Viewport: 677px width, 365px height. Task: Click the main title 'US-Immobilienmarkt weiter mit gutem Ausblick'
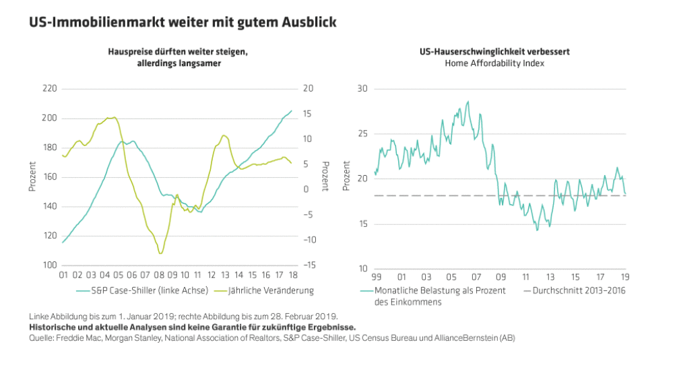click(183, 22)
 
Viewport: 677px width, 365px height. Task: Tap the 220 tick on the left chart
click(49, 89)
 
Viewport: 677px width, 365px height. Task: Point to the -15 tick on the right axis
click(309, 265)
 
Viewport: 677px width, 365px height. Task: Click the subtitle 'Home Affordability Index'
click(495, 63)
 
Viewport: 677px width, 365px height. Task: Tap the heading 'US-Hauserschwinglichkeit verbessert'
click(495, 51)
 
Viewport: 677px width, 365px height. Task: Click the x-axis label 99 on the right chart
click(376, 276)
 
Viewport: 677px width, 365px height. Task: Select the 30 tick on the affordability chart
click(362, 89)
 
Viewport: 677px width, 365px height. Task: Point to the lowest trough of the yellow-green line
click(160, 253)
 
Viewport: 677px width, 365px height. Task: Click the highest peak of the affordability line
click(468, 102)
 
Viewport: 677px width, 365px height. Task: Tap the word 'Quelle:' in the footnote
click(42, 337)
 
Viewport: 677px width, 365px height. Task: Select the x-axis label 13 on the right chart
click(550, 276)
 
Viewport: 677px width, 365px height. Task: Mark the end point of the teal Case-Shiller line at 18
click(292, 111)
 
